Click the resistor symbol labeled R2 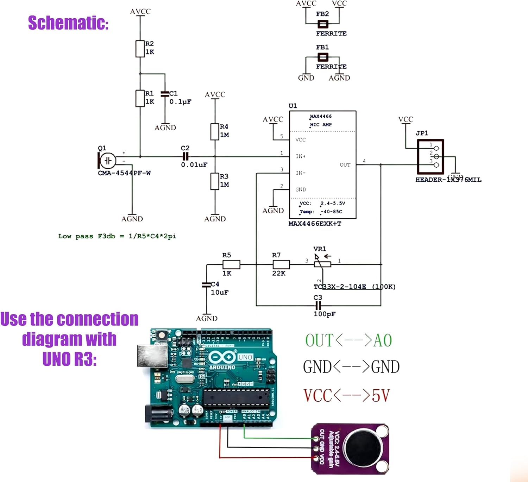coord(140,49)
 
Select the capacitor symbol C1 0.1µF coord(165,94)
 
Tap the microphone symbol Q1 coord(107,161)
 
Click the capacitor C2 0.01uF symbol coord(185,157)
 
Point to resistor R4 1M coord(215,131)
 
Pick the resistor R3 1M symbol coord(215,181)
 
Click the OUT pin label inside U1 coord(345,165)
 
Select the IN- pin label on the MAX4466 coord(300,173)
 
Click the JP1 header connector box coord(430,157)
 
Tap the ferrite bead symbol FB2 coord(323,24)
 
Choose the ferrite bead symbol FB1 coord(323,57)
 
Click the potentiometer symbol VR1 coord(322,264)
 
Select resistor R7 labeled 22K coord(281,264)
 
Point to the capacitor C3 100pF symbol coord(318,305)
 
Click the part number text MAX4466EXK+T coord(315,224)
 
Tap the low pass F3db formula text coord(117,236)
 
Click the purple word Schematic coord(68,23)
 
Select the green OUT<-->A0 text coord(348,340)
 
